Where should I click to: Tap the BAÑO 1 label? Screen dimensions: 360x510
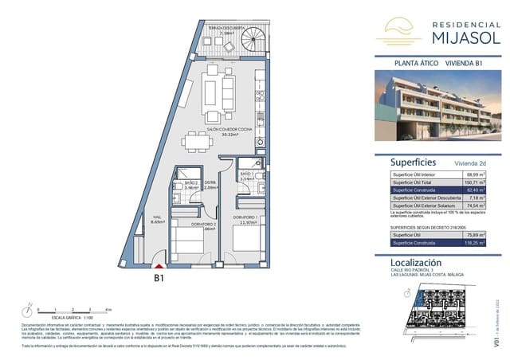tap(246, 175)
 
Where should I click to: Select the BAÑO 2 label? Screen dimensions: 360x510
tap(190, 184)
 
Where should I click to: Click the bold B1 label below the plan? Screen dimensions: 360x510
tap(159, 279)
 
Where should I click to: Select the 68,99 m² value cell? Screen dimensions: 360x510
tap(477, 174)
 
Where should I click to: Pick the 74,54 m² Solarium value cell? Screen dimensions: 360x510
tap(477, 205)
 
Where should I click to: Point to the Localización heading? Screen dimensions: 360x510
tap(416, 262)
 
